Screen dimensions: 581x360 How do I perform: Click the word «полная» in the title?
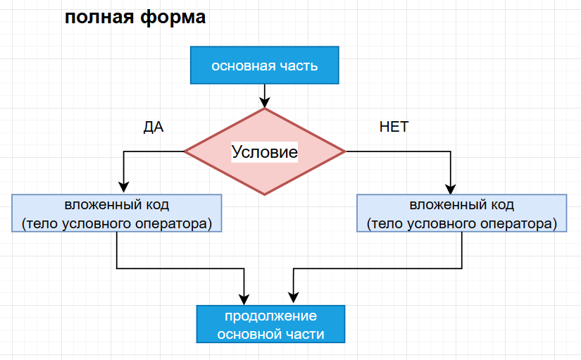coord(99,18)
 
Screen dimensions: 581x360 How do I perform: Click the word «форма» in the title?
coord(173,18)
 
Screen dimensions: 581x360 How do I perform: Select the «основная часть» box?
coord(265,66)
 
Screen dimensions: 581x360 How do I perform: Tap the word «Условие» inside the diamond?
coord(265,151)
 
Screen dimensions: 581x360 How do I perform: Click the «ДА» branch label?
coord(154,128)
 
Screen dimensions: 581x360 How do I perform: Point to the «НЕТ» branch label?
coord(394,127)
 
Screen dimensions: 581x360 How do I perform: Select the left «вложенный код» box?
coord(117,213)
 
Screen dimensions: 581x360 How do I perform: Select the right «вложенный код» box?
coord(462,213)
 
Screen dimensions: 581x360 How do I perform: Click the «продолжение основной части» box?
coord(270,324)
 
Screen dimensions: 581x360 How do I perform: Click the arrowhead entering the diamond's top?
coord(265,103)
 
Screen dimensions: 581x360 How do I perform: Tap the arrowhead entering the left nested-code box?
coord(124,187)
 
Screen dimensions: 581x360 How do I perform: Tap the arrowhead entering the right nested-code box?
coord(451,189)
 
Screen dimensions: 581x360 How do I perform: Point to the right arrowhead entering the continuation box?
coord(294,297)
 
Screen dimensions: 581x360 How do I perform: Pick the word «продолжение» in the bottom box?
coord(270,316)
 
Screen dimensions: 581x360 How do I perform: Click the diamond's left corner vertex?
coord(185,151)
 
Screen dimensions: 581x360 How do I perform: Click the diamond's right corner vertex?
coord(345,151)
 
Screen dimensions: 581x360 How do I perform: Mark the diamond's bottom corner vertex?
coord(265,194)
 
